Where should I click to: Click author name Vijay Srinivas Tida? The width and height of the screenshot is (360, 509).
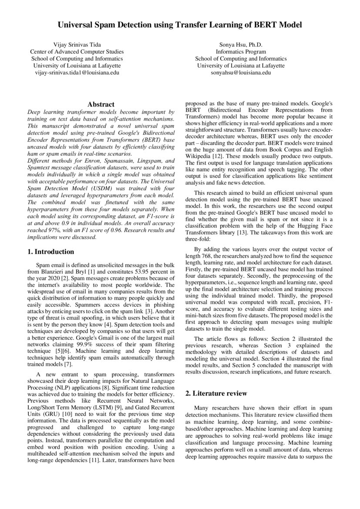coord(77,45)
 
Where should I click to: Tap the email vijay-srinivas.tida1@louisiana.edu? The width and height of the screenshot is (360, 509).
coord(77,72)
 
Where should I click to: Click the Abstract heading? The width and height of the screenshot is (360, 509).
coord(101,104)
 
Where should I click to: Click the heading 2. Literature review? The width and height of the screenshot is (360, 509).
coord(216,393)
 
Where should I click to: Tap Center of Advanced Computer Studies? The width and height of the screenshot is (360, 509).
coord(77,52)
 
